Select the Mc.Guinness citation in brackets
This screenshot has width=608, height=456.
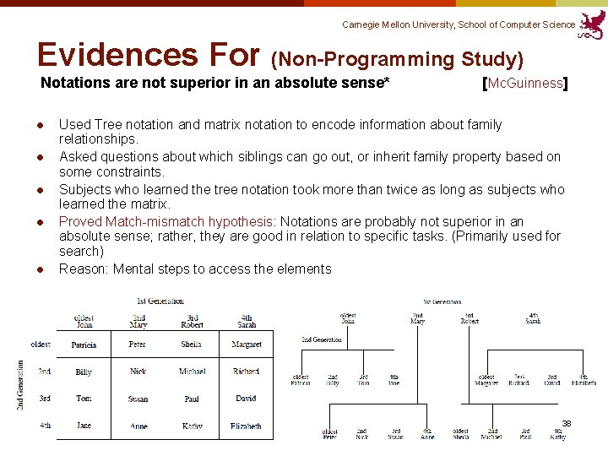coord(524,84)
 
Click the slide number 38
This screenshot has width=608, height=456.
coord(567,422)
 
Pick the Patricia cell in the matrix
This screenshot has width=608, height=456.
coord(84,345)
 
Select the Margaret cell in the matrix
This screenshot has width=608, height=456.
coord(246,345)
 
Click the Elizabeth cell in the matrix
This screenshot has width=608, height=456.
coord(246,426)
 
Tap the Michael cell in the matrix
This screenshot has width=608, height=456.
coord(192,372)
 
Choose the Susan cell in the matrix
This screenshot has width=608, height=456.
coord(138,399)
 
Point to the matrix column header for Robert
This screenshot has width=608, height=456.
coord(192,321)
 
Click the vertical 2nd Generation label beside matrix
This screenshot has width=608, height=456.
coord(19,385)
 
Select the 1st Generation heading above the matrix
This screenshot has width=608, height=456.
coord(160,301)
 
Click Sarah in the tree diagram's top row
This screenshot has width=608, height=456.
coord(533,318)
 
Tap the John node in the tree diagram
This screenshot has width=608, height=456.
coord(348,318)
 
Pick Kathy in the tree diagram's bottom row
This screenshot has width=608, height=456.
coord(557,435)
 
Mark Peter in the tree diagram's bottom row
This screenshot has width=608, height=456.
coord(329,435)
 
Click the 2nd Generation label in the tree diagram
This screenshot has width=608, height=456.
coord(322,339)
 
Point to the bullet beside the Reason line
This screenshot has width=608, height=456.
coord(39,269)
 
